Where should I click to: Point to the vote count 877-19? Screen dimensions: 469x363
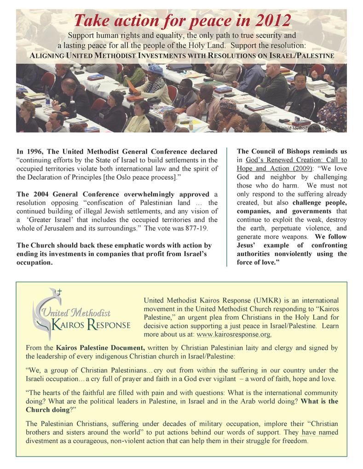[x=196, y=228]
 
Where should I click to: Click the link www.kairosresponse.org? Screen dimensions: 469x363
[x=233, y=334]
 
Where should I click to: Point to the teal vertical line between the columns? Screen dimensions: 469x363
[x=227, y=207]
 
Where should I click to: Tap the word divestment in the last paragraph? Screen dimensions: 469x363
[x=45, y=441]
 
